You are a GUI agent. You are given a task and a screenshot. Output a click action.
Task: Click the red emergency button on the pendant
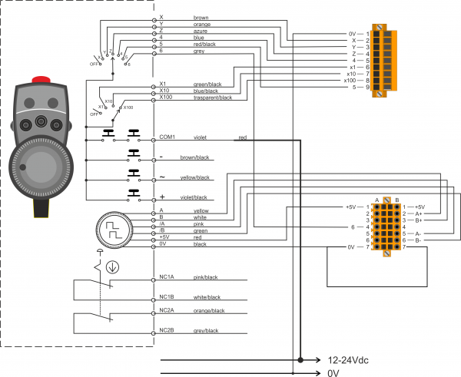coord(41,80)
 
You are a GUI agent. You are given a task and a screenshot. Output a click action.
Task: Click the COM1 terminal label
coord(167,137)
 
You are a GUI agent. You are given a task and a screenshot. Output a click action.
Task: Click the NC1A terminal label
coord(167,276)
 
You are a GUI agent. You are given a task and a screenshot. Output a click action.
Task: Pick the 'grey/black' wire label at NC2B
coord(205,330)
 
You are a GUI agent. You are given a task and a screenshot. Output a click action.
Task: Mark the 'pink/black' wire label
coord(204,277)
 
